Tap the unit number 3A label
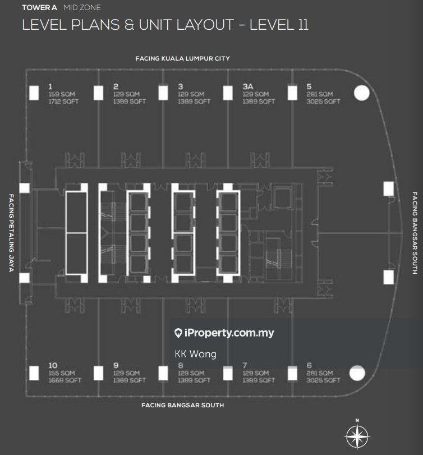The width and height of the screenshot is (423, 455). click(248, 86)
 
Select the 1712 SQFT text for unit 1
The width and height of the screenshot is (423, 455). click(63, 102)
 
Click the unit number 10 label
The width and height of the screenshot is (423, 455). click(53, 365)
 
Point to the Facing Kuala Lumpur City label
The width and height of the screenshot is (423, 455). click(183, 58)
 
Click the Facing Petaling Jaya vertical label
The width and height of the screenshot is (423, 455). click(11, 233)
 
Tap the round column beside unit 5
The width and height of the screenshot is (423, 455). click(362, 93)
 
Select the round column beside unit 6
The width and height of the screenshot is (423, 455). click(357, 373)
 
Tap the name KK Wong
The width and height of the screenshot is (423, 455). click(196, 354)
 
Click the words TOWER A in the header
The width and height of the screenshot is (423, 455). click(39, 7)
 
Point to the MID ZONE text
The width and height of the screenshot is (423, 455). click(82, 7)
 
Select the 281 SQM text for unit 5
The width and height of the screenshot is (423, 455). click(320, 94)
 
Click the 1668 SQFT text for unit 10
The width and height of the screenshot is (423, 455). click(65, 380)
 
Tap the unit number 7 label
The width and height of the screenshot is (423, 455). click(245, 365)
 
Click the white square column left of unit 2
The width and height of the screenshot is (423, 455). click(99, 93)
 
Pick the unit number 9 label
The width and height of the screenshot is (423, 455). click(116, 365)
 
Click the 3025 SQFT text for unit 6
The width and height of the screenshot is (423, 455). click(324, 380)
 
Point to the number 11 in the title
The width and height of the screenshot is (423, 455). click(303, 24)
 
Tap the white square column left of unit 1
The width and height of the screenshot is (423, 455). click(34, 93)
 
